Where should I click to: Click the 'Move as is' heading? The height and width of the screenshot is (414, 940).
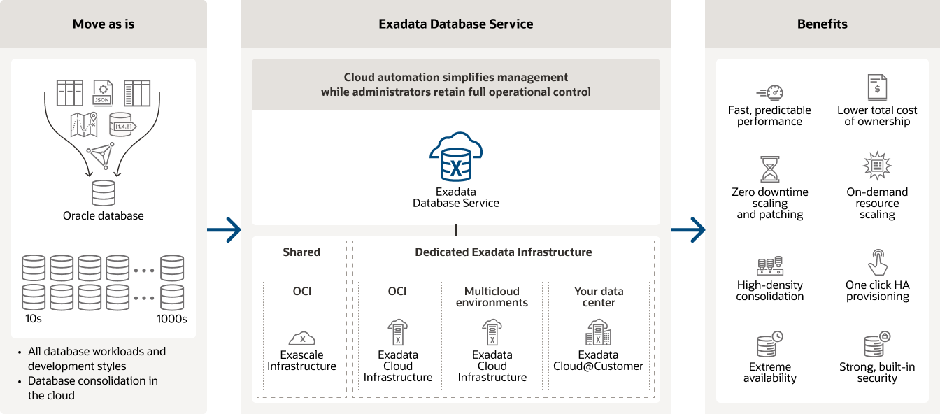(104, 24)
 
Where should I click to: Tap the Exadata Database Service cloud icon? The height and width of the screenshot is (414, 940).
(456, 156)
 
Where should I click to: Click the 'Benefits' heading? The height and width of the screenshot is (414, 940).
(822, 24)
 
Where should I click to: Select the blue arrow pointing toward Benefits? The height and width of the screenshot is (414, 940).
(688, 229)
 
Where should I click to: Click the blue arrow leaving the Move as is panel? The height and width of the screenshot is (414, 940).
(224, 229)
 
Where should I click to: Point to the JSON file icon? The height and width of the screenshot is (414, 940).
(103, 92)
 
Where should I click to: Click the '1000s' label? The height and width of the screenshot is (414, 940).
(171, 319)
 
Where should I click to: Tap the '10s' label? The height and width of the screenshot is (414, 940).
(34, 319)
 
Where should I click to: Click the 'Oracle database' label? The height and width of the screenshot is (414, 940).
(104, 215)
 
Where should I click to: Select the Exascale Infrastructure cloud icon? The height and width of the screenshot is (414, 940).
(301, 338)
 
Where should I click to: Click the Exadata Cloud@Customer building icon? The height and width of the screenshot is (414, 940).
(598, 333)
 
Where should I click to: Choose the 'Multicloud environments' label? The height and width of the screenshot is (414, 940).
(492, 297)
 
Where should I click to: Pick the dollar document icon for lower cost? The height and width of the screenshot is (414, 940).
(877, 87)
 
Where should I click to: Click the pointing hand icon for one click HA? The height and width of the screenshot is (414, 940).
(877, 262)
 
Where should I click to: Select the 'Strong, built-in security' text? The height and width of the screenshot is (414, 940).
(877, 372)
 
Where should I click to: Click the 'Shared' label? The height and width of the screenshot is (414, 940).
(301, 252)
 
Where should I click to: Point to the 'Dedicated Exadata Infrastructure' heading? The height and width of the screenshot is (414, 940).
(503, 252)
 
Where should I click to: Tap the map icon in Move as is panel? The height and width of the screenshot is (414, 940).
(83, 124)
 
